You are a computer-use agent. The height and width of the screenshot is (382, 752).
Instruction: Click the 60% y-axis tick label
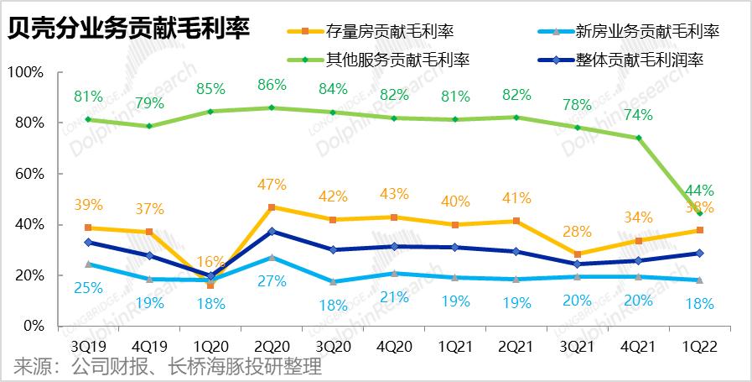point(28,174)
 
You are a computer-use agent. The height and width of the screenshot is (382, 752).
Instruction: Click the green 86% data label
point(272,85)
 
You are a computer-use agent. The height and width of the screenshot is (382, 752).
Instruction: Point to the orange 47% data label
point(272,185)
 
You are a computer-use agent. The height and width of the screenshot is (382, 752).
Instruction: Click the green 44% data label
point(699,190)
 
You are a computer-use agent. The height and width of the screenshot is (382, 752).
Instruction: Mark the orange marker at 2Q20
point(272,207)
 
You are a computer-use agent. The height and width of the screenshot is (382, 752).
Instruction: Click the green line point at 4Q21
point(638,138)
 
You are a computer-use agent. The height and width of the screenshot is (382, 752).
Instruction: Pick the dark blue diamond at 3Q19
point(88,243)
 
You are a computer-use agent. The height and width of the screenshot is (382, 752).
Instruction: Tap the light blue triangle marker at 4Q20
point(393,274)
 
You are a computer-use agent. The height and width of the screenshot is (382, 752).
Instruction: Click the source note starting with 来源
point(168,367)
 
